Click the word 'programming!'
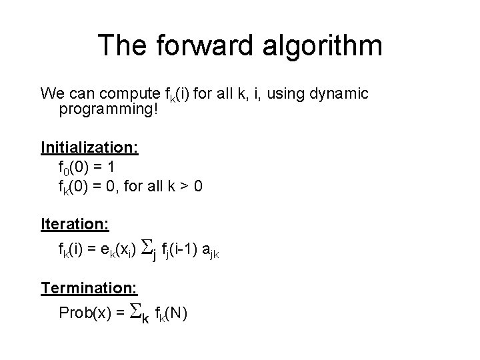tap(109, 109)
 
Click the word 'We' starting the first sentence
tap(51, 93)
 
